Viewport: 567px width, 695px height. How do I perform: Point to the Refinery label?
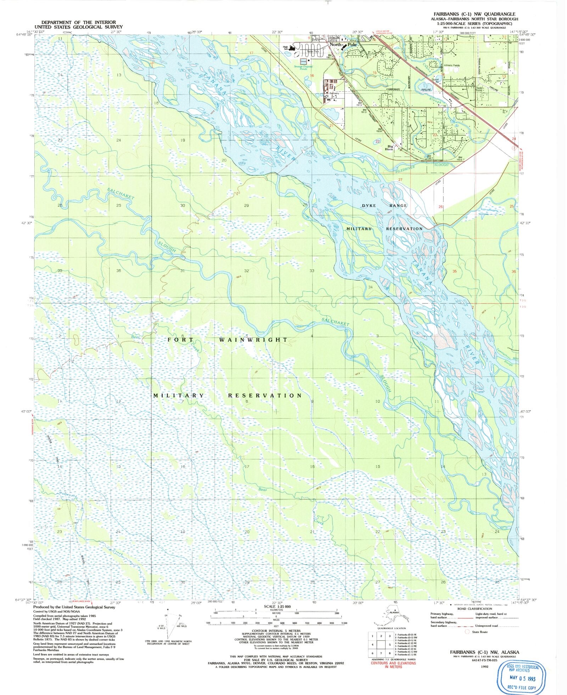334,93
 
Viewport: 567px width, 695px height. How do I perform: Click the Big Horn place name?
390,148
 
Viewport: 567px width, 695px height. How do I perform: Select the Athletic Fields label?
452,65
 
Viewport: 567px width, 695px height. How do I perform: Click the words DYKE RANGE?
384,206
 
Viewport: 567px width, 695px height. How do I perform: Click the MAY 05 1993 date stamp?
521,679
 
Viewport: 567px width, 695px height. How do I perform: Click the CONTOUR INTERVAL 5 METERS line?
276,631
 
